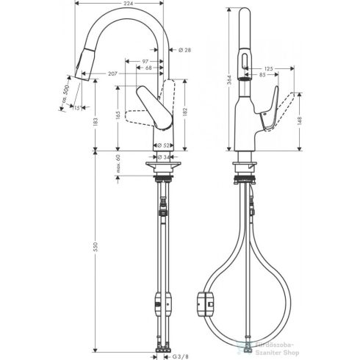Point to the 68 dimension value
point(148,68)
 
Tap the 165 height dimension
point(118,116)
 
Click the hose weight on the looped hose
point(204,300)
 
